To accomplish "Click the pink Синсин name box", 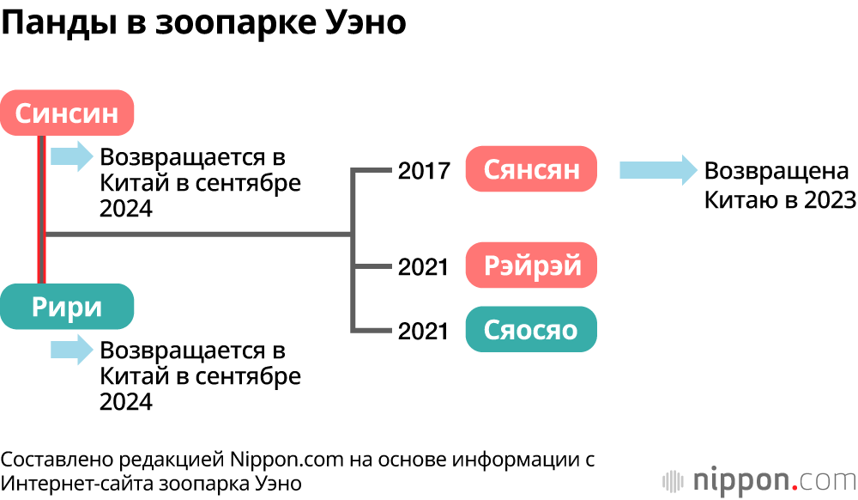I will pos(67,113).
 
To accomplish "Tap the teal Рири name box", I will pos(67,306).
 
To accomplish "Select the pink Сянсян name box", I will pos(531,169).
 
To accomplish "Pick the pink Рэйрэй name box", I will pos(531,265).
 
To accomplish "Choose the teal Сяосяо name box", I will pos(531,329).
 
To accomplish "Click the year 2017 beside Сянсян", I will pos(424,171).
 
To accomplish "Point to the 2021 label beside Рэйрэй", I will pos(424,267).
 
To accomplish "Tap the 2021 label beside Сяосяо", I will pos(424,331).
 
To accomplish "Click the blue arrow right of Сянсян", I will pos(657,169).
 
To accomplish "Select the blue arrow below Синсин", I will pos(71,156).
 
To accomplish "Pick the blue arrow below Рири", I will pos(71,349).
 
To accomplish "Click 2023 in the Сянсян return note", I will pos(829,200).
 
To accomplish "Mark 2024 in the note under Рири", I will pos(126,401).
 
